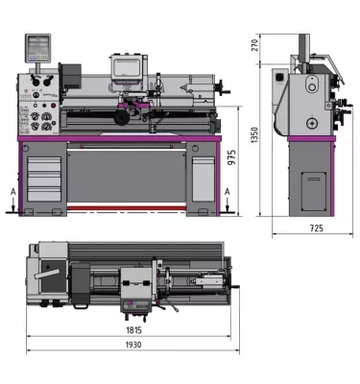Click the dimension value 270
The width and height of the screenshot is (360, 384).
pyautogui.click(x=254, y=44)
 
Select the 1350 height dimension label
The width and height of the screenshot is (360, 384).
pyautogui.click(x=254, y=134)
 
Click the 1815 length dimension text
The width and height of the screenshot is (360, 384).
pyautogui.click(x=133, y=329)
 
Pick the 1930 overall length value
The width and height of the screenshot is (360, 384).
pyautogui.click(x=133, y=345)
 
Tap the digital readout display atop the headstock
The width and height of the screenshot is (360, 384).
pyautogui.click(x=39, y=45)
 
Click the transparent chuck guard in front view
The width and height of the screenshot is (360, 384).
pyautogui.click(x=127, y=69)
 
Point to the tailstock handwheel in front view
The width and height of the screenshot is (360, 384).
pyautogui.click(x=225, y=92)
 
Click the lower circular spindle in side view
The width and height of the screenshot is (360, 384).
pyautogui.click(x=311, y=125)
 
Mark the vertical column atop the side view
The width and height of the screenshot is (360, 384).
pyautogui.click(x=303, y=51)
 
